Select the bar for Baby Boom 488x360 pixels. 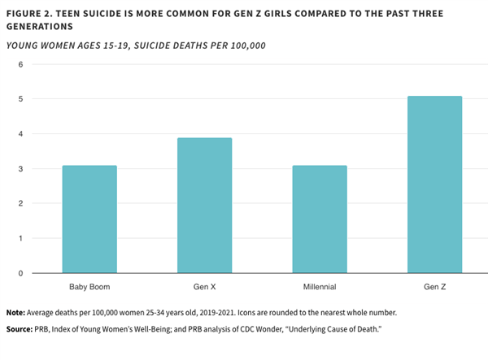(89, 219)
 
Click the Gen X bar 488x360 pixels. (204, 206)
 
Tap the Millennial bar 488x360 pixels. (320, 219)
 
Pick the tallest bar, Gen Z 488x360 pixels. (434, 184)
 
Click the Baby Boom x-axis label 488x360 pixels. (89, 287)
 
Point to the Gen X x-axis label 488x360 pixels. (204, 287)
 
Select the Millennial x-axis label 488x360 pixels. (320, 287)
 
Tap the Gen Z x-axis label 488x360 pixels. (434, 287)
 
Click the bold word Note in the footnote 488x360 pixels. (15, 313)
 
